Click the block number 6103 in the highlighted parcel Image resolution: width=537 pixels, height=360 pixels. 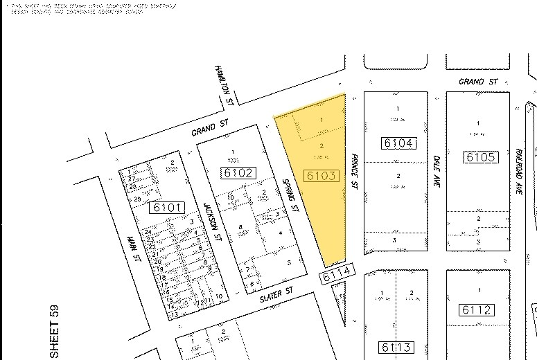click(322, 176)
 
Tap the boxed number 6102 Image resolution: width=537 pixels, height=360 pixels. click(237, 173)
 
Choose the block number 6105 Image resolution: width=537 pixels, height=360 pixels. click(481, 157)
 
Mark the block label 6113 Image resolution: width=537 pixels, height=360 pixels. click(396, 347)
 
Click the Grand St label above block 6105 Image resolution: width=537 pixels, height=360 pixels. click(479, 82)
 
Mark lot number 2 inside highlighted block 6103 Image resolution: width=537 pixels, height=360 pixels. click(322, 146)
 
